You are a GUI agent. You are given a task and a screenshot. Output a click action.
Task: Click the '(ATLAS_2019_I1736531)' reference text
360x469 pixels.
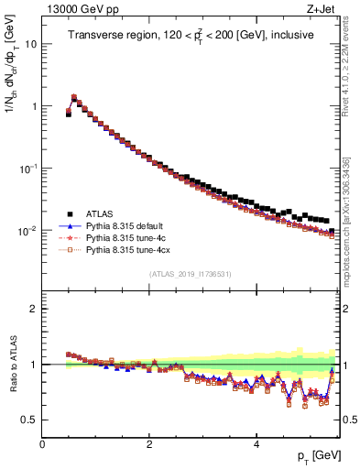[x=190, y=274]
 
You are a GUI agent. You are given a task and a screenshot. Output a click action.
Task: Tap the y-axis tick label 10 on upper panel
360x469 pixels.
[x=31, y=44]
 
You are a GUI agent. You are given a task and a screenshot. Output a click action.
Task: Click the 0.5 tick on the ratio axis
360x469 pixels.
[x=28, y=420]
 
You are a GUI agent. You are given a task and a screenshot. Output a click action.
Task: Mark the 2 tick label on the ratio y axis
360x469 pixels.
[x=34, y=309]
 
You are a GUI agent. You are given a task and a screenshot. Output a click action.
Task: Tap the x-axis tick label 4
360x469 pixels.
[x=256, y=444]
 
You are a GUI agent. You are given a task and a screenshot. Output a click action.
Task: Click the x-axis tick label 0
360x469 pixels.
[x=42, y=444]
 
